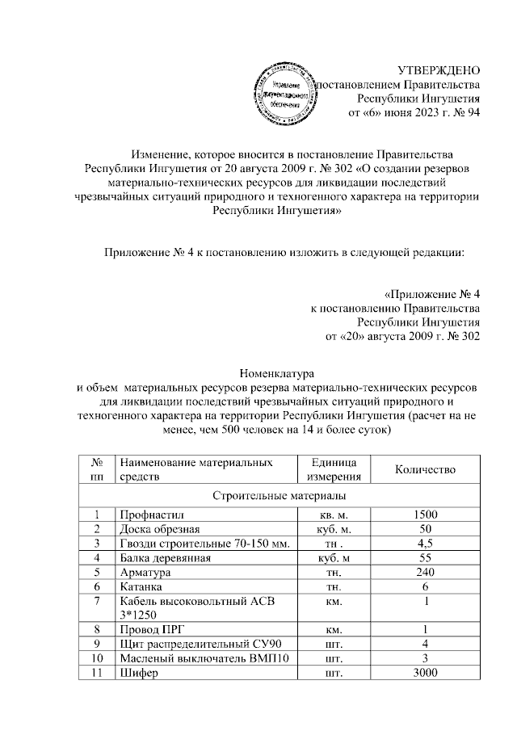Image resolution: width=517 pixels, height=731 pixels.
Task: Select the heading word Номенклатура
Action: [276, 372]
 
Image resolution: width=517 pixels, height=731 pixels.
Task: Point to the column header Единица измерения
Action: [333, 469]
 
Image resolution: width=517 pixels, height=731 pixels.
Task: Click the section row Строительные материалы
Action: [279, 494]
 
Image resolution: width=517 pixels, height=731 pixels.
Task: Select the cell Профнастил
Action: [149, 515]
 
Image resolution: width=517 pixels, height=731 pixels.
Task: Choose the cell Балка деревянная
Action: [166, 558]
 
